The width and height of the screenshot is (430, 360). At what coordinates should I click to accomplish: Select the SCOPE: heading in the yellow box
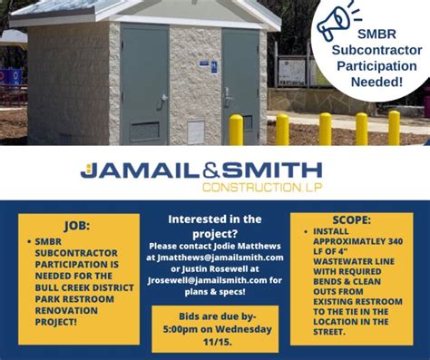coord(351,219)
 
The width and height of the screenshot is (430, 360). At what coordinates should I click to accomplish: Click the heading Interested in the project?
coord(215,226)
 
